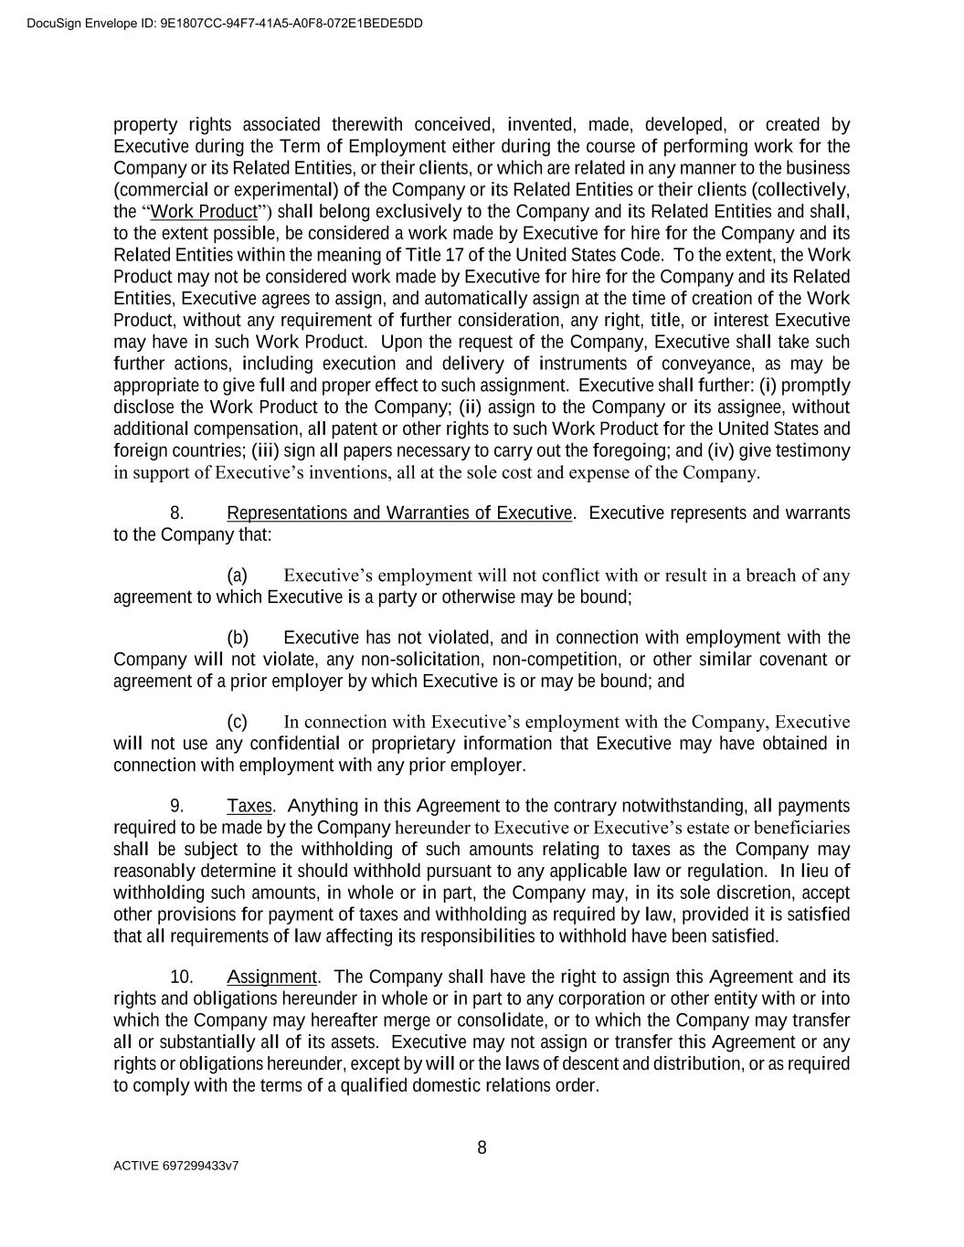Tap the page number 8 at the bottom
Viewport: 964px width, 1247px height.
(x=482, y=1148)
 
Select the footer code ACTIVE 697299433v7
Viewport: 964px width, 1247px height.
(x=176, y=1167)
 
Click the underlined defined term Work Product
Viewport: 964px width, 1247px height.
(x=204, y=212)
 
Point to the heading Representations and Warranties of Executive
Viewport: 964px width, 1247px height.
(x=399, y=513)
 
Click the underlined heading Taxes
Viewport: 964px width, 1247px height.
(x=249, y=806)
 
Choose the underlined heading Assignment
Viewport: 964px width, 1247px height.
(x=271, y=977)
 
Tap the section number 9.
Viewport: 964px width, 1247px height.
(x=177, y=806)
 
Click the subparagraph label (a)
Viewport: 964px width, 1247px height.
(x=237, y=576)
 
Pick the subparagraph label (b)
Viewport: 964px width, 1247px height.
(x=237, y=638)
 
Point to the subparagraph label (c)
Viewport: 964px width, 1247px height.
(x=237, y=722)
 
